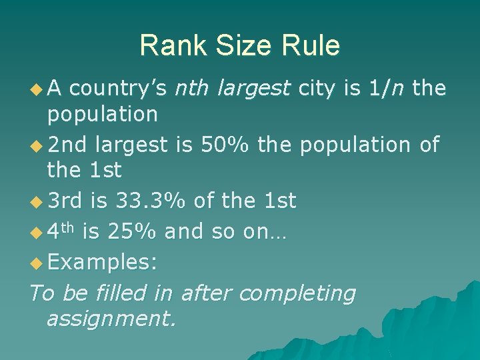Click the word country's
coord(121,87)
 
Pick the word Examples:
coord(103,261)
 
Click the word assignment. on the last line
coord(111,319)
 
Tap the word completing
coord(297,293)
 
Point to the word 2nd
coord(68,143)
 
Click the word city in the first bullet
coord(319,88)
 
